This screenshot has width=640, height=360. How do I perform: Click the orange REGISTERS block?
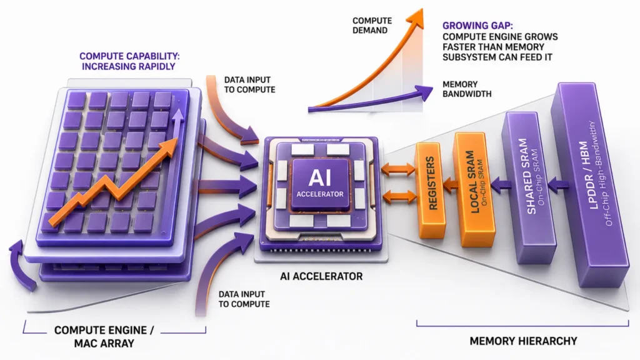point(430,190)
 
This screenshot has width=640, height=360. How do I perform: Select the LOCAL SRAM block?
point(475,189)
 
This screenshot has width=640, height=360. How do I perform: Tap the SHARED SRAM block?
point(529,187)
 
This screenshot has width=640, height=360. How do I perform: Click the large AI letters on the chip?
point(320,177)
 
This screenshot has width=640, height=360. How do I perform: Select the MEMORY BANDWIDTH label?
point(467,89)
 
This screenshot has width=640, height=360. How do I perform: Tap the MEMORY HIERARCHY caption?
point(523,341)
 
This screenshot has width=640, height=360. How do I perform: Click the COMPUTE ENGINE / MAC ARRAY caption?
point(104,337)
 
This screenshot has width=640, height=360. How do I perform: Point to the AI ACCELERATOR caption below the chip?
point(321,276)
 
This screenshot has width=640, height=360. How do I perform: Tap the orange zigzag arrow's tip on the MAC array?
point(176,139)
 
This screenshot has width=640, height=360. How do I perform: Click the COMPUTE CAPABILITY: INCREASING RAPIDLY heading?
point(129,61)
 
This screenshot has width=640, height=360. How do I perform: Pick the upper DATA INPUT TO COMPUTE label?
point(249,85)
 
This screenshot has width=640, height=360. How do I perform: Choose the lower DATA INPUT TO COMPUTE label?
point(244,299)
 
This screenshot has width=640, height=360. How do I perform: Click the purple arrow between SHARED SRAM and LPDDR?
point(558,185)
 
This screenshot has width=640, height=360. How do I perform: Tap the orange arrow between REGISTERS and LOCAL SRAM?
point(451,185)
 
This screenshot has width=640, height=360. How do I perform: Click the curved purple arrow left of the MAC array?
point(21,265)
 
